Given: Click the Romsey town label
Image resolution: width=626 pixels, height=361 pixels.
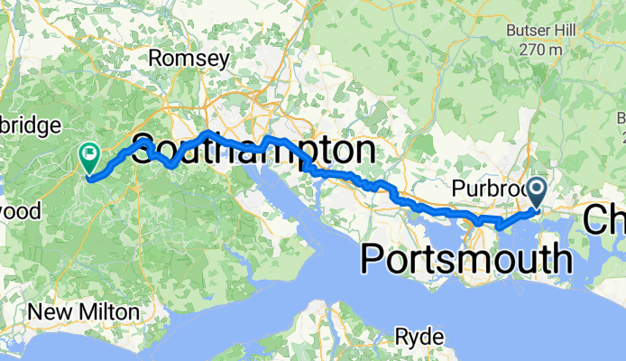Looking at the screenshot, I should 188,59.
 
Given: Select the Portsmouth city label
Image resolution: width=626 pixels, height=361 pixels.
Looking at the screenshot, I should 466,259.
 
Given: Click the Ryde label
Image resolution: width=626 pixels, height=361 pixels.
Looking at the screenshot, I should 419,338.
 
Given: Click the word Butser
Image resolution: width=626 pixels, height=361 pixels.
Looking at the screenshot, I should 524,31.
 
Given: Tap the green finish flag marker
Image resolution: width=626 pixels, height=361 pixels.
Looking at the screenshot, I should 90,157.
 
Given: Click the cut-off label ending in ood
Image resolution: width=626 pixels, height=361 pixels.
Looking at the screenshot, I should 20,211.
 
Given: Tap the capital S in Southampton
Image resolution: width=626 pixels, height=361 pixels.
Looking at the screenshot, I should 143,153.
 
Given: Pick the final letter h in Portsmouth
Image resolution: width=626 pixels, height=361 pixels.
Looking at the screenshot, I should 561,259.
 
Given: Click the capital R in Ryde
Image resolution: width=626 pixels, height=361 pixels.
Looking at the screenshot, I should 401,338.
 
